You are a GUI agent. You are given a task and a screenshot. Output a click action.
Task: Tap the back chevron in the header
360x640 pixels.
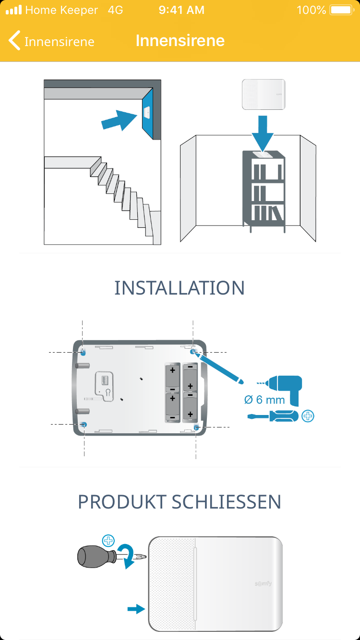[x=15, y=41]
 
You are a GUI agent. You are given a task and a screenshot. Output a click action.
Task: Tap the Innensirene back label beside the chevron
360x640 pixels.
[x=59, y=42]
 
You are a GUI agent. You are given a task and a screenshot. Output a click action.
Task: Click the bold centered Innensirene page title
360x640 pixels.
[x=180, y=40]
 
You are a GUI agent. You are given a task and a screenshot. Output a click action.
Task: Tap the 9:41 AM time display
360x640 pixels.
[x=181, y=10]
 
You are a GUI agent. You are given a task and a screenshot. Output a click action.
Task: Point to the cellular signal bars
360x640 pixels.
[x=13, y=10]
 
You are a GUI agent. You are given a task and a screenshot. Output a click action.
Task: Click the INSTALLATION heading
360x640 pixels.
[x=180, y=288]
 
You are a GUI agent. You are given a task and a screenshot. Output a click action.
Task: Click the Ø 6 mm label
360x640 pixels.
[x=264, y=399]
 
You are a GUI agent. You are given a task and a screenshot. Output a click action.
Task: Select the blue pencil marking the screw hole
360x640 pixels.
[x=219, y=367]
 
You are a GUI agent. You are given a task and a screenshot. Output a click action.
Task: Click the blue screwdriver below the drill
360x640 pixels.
[x=272, y=416]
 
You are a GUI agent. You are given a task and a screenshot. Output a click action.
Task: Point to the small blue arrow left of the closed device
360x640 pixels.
[x=136, y=609]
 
